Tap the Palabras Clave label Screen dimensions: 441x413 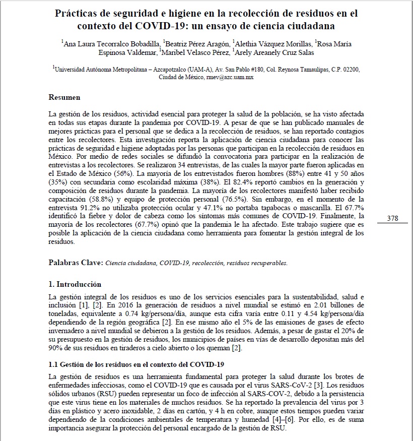click(x=75, y=263)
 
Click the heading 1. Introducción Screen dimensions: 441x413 click(x=75, y=284)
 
